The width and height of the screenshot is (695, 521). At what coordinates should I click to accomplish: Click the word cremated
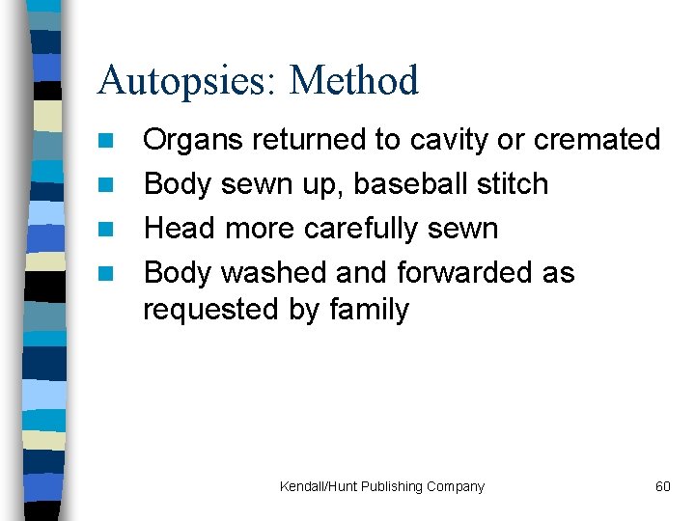pyautogui.click(x=597, y=140)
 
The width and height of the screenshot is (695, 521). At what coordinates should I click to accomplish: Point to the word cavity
pyautogui.click(x=449, y=141)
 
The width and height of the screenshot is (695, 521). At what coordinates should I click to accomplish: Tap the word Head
pyautogui.click(x=180, y=229)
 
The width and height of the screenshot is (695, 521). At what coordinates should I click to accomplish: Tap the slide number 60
pyautogui.click(x=662, y=486)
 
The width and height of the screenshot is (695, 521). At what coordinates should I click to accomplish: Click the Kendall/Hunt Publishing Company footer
pyautogui.click(x=382, y=486)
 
